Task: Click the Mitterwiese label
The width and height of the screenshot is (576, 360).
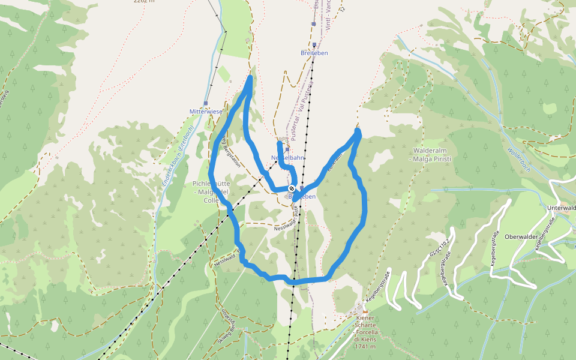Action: pos(206,112)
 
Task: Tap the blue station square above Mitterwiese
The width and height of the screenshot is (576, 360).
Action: pos(205,103)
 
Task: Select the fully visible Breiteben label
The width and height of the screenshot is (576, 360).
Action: pos(314,53)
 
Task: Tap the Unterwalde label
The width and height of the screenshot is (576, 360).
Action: pos(562,208)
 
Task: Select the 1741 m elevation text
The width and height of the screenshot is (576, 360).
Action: pos(365,346)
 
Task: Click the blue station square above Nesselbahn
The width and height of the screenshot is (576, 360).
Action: pos(287,149)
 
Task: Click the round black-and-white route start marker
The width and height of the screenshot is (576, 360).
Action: pos(292,189)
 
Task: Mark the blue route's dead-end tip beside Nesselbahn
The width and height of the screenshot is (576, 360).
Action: pos(279,143)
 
